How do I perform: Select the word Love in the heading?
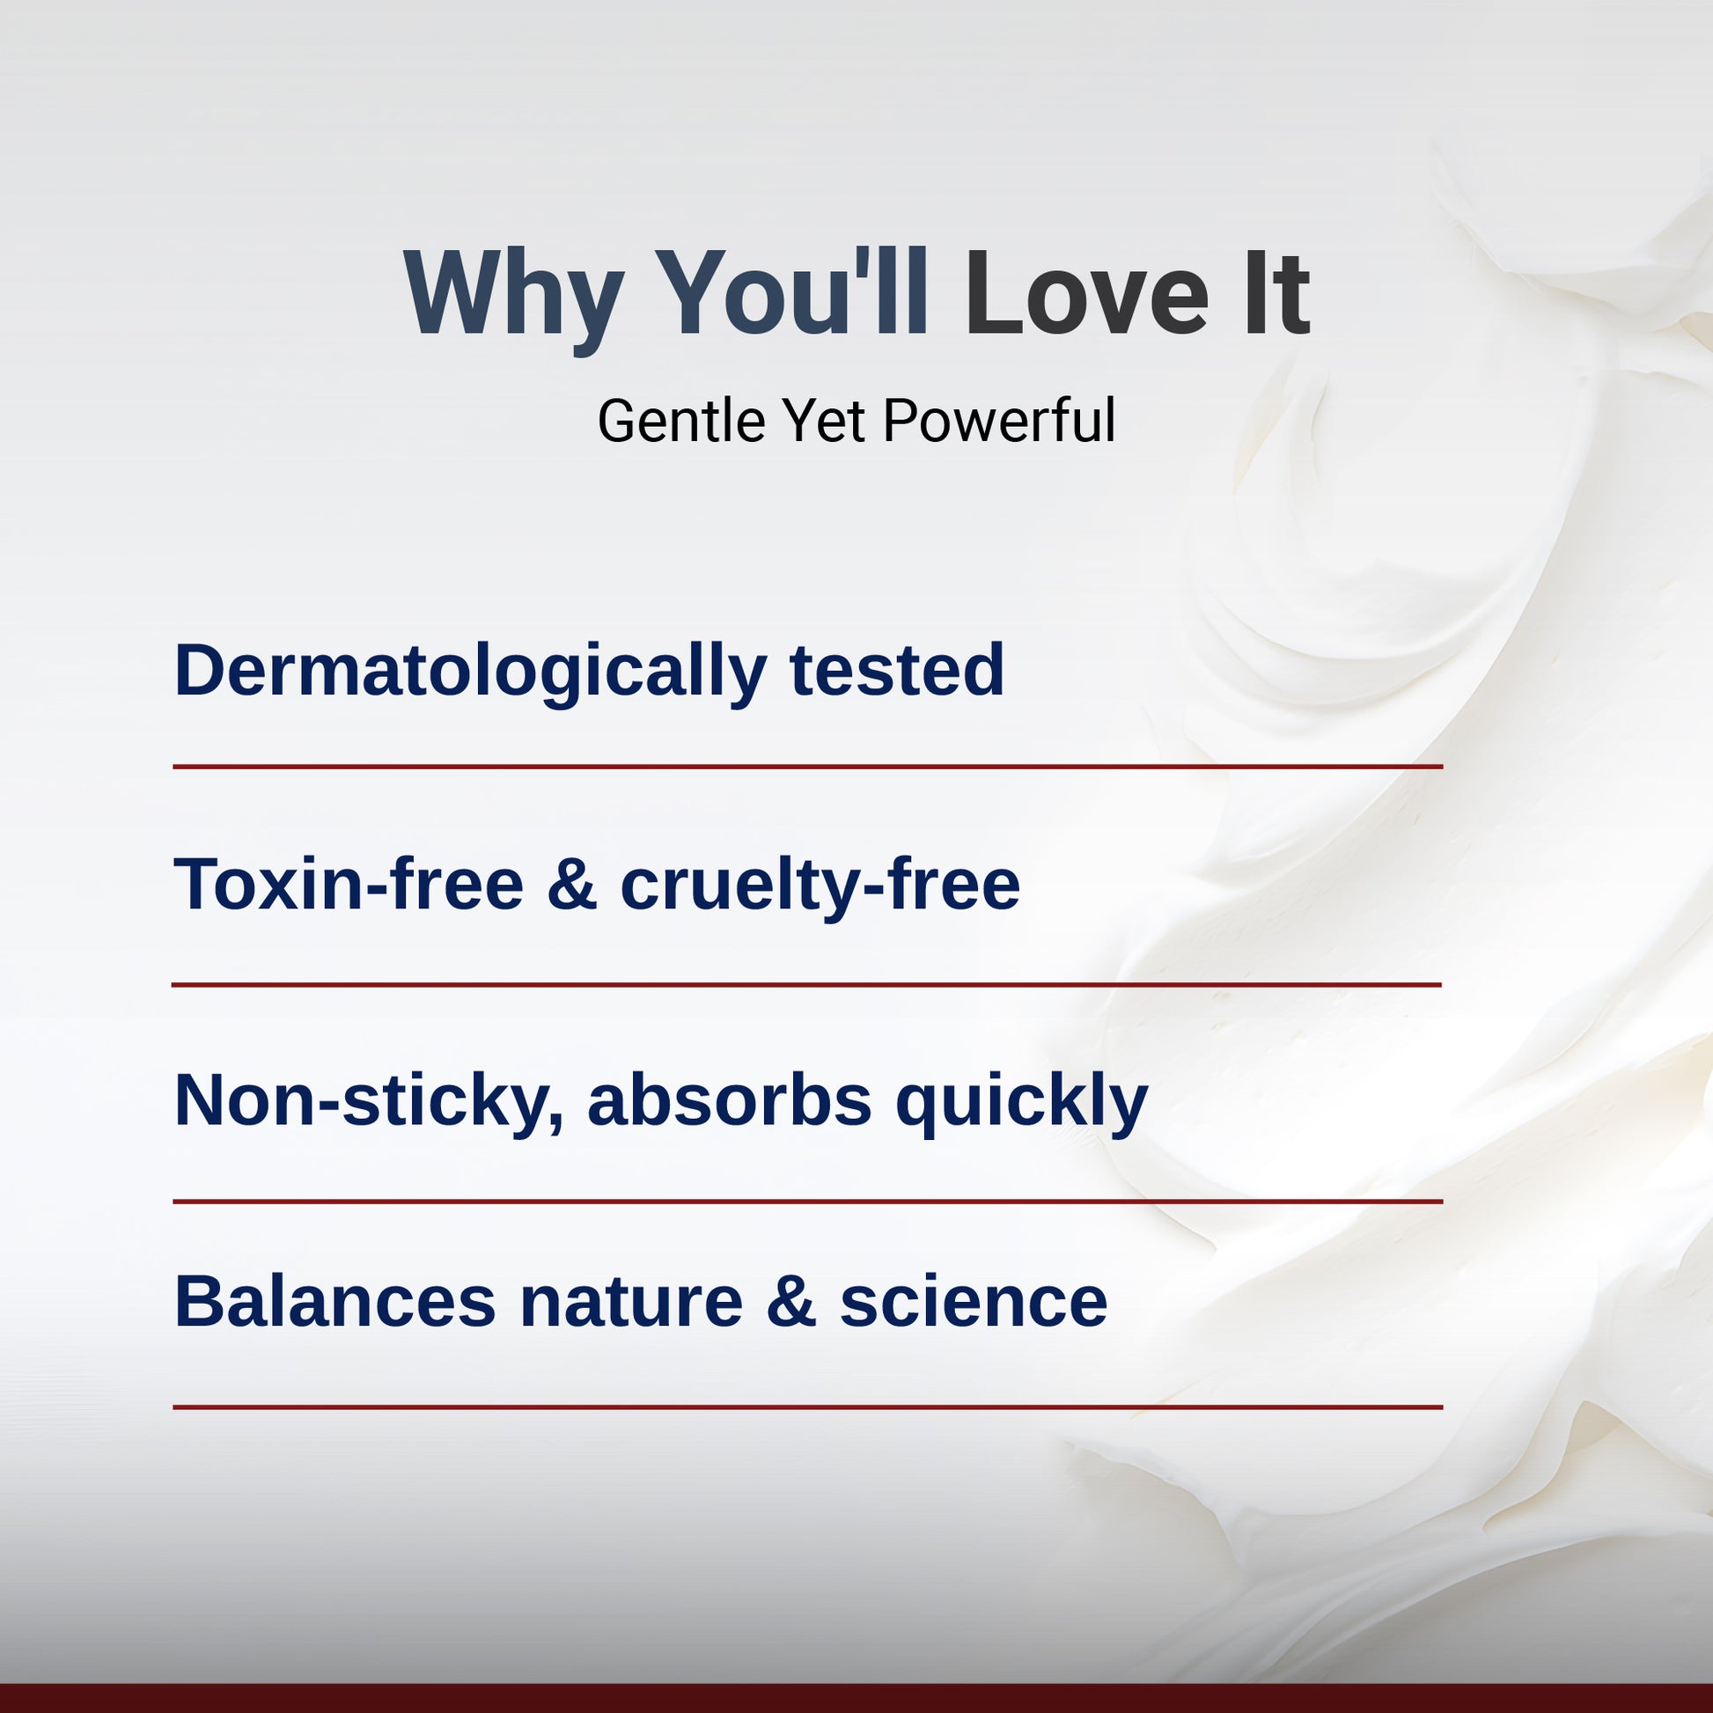(1087, 292)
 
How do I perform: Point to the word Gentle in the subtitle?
(681, 420)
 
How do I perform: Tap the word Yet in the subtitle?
(824, 420)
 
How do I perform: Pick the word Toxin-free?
(349, 885)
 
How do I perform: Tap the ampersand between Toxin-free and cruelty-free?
(572, 885)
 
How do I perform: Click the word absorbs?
(729, 1100)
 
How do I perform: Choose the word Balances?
(335, 1302)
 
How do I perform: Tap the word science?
(974, 1302)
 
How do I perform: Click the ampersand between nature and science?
(791, 1302)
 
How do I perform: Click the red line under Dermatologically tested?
(808, 766)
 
